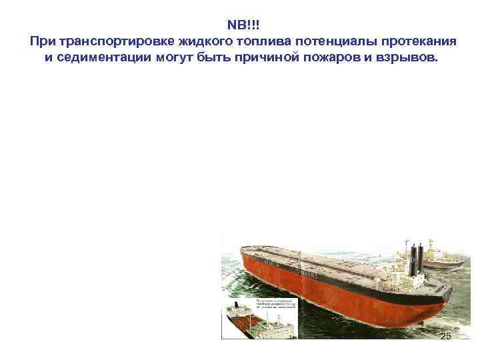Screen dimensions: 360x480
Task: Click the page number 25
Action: pos(445,336)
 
